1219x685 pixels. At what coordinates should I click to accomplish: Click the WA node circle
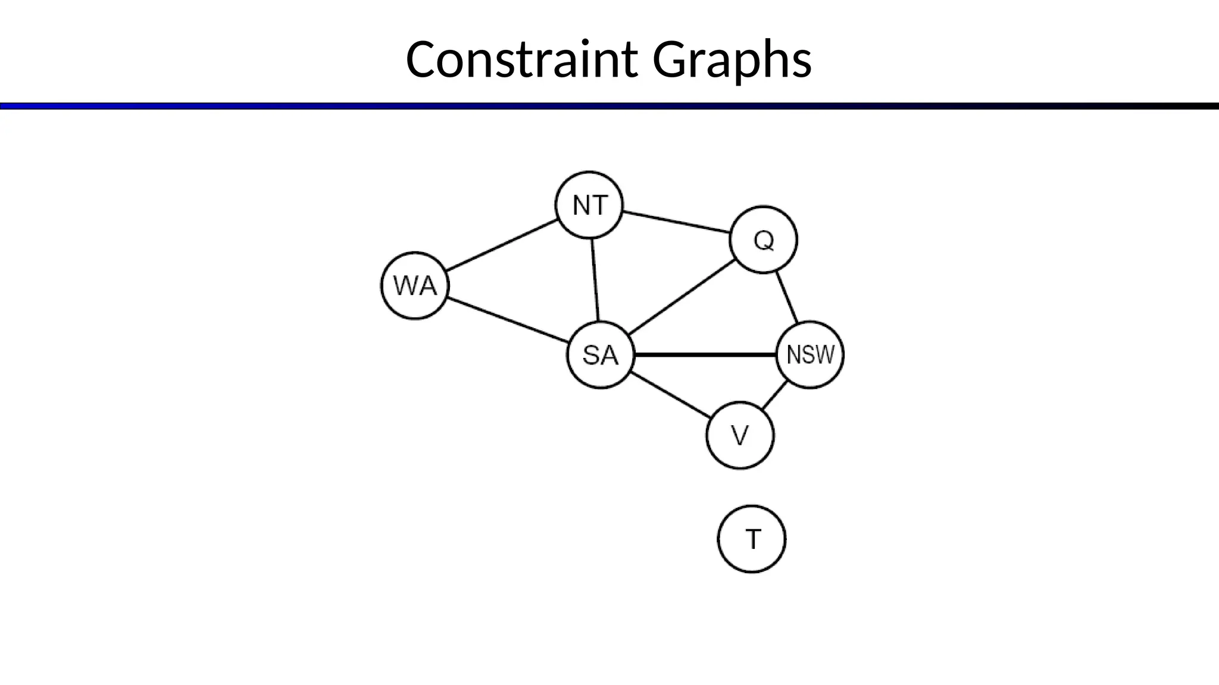pyautogui.click(x=415, y=286)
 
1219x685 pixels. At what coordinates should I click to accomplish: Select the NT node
pyautogui.click(x=589, y=205)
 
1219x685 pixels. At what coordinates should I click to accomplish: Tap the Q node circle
pyautogui.click(x=763, y=240)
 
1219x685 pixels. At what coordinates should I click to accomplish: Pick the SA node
pyautogui.click(x=600, y=355)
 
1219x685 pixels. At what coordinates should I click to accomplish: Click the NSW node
pyautogui.click(x=810, y=355)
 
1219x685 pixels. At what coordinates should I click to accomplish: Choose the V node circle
pyautogui.click(x=740, y=436)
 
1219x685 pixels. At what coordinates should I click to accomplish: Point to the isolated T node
pyautogui.click(x=752, y=539)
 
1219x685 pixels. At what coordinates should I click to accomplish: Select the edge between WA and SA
pyautogui.click(x=508, y=320)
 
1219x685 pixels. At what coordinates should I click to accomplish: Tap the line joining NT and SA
pyautogui.click(x=595, y=279)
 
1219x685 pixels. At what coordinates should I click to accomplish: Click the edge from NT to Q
pyautogui.click(x=676, y=221)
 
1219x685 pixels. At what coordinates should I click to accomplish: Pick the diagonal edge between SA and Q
pyautogui.click(x=682, y=298)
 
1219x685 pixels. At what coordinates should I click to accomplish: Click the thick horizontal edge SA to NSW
pyautogui.click(x=705, y=355)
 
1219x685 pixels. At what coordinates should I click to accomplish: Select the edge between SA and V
pyautogui.click(x=670, y=395)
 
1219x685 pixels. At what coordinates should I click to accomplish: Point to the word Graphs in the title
pyautogui.click(x=732, y=59)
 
